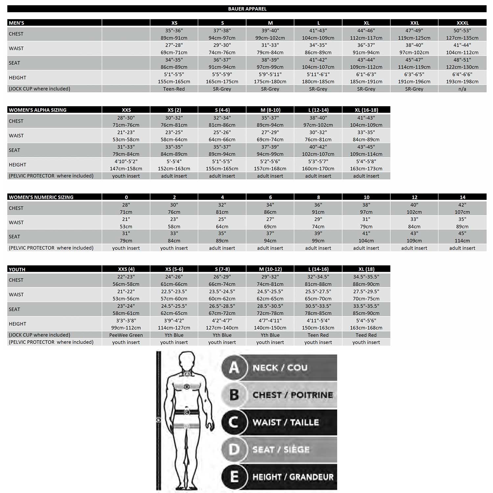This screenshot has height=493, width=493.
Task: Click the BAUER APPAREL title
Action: point(247,9)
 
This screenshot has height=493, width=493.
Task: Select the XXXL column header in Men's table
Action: point(462,23)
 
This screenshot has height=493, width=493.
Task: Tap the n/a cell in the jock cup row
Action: point(462,89)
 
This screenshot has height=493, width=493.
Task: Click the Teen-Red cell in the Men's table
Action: point(174,89)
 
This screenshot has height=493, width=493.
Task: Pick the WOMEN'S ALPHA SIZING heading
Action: point(38,110)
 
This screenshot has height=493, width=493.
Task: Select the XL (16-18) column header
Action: point(366,110)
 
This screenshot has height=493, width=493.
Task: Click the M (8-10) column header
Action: point(270,110)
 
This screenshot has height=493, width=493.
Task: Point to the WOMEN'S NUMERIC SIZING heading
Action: point(41,197)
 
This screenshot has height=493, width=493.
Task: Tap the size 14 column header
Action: point(462,197)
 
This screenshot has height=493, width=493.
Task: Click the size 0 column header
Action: point(126,197)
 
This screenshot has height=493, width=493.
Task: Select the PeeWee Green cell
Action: point(126,335)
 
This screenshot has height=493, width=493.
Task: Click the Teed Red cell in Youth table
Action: point(366,335)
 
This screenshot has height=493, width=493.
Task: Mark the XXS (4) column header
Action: point(126,269)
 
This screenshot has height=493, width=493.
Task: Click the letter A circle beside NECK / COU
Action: point(234,367)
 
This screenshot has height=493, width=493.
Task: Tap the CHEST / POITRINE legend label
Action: point(293,395)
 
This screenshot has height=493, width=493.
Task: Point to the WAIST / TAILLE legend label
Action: point(286,422)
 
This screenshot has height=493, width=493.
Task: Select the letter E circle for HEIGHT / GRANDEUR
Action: point(234,477)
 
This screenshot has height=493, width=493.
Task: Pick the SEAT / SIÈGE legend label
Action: point(281,450)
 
